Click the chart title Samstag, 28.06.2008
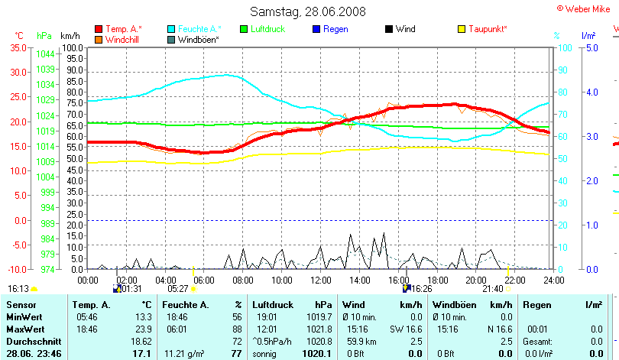pyautogui.click(x=308, y=11)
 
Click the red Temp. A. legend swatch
pyautogui.click(x=99, y=29)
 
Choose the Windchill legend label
pyautogui.click(x=122, y=39)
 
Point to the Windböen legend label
pyautogui.click(x=199, y=39)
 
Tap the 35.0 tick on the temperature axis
pyautogui.click(x=18, y=47)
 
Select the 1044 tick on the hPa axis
pyautogui.click(x=45, y=54)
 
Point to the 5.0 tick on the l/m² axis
pyautogui.click(x=589, y=47)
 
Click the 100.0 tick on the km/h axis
pyautogui.click(x=73, y=47)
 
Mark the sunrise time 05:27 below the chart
pyautogui.click(x=178, y=289)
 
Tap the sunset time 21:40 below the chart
pyautogui.click(x=493, y=289)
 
